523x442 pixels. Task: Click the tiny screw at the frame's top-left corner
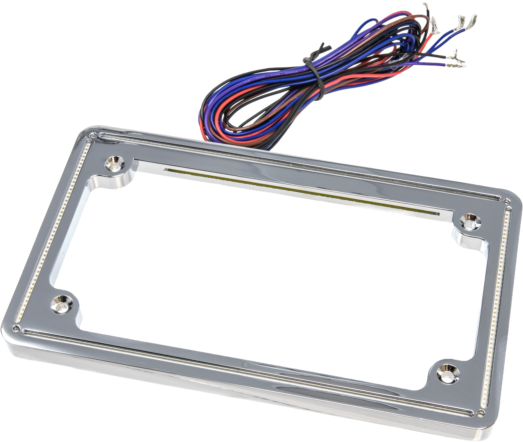click(93, 135)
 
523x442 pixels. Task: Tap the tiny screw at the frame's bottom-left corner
click(16, 327)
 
